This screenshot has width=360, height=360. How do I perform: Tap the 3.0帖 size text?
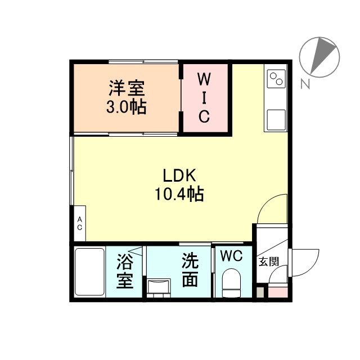(x=127, y=107)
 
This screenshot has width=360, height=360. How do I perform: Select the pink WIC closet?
(x=204, y=98)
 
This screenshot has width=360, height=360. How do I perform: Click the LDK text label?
(x=179, y=175)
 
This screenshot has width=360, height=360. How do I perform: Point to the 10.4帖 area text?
(x=179, y=195)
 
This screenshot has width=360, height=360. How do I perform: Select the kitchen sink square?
(x=276, y=120)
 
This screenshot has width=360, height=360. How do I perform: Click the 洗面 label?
(x=190, y=270)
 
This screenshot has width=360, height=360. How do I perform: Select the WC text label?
(x=231, y=256)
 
